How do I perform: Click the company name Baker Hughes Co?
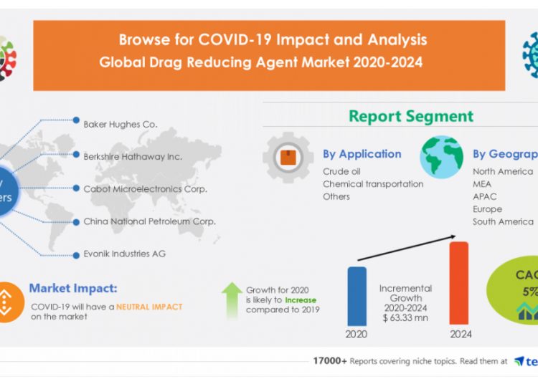pos(120,124)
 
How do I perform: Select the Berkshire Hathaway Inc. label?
pos(133,156)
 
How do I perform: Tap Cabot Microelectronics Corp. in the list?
pos(145,189)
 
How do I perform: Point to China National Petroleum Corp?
pos(149,221)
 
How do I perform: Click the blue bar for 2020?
pos(357,296)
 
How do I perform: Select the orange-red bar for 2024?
pos(458,283)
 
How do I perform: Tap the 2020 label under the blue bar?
pos(357,335)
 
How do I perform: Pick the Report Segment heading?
pos(411,117)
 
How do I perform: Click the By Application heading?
pos(362,154)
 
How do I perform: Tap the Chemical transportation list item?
pos(373,184)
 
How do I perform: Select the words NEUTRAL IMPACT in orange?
pos(149,307)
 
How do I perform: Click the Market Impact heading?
pos(73,289)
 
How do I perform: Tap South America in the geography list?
pos(503,221)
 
